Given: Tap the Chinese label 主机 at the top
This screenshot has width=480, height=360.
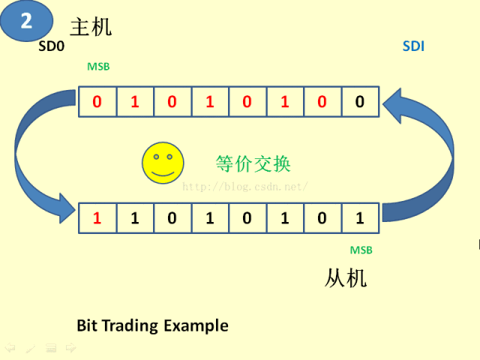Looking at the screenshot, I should click(x=91, y=27).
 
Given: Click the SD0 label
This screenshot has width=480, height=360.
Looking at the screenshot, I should click(x=52, y=46).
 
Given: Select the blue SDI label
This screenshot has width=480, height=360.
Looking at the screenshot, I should click(x=413, y=46).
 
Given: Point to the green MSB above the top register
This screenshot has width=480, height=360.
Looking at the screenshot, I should click(x=98, y=67).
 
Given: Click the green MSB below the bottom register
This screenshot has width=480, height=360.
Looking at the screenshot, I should click(x=361, y=250).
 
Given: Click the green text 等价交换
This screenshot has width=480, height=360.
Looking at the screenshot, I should click(x=253, y=163).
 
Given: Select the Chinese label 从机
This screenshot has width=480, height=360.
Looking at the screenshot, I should click(x=346, y=279).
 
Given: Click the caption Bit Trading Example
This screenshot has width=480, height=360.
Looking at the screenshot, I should click(x=152, y=325).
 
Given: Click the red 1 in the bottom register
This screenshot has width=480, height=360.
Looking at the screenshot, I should click(x=97, y=218).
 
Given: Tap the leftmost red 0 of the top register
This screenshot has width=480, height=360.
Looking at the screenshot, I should click(x=97, y=102).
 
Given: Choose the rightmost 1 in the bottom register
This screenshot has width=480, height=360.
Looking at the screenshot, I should click(x=360, y=218).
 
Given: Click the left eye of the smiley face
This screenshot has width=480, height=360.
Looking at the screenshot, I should click(x=156, y=157).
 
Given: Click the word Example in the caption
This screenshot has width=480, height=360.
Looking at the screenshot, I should click(x=196, y=325).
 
